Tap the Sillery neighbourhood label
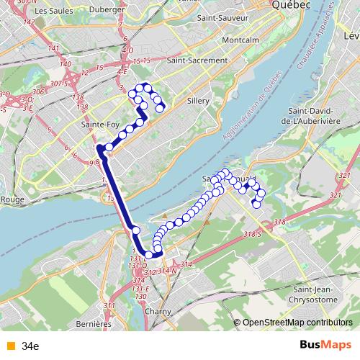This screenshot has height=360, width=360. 197,102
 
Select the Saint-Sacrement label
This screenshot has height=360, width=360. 197,61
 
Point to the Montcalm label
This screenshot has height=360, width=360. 240,40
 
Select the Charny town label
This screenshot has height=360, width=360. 157,312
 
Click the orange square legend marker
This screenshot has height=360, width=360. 10,346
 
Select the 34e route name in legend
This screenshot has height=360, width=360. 30,346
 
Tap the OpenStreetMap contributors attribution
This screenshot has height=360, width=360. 298,322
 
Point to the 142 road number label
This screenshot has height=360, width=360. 29,22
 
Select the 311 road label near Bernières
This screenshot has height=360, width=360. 109,307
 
